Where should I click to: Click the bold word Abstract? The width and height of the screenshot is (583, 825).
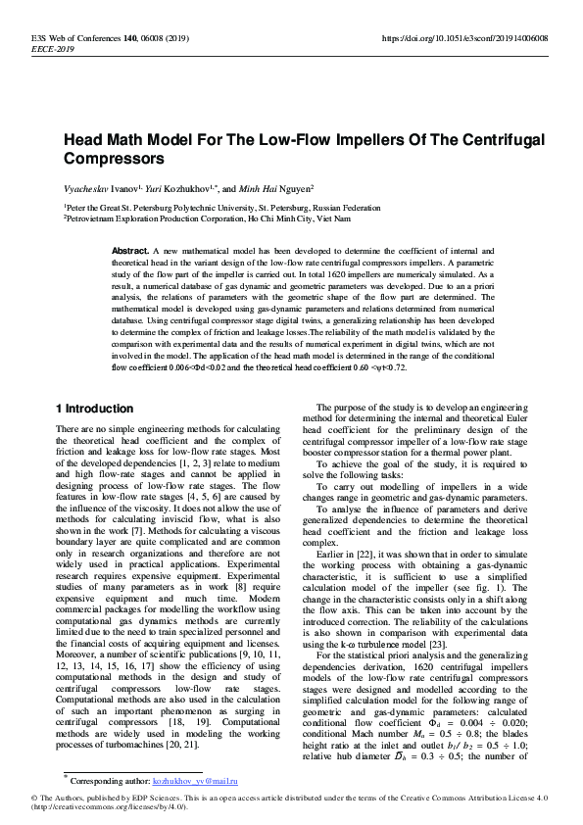coord(129,252)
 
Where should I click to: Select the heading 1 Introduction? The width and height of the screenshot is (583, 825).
coord(94,408)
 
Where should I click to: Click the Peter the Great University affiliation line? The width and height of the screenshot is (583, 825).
coord(222,208)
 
